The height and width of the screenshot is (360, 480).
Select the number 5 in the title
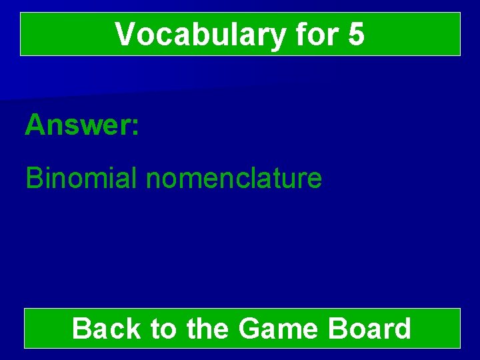click(x=356, y=35)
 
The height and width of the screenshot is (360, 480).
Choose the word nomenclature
click(x=233, y=178)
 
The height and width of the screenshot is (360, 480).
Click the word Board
click(x=371, y=329)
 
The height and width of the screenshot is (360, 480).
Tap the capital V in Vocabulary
click(x=124, y=35)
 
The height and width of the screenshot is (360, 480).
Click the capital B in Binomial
click(x=33, y=178)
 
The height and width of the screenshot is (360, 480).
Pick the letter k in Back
click(x=132, y=329)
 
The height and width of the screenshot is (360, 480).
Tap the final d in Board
click(x=402, y=329)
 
